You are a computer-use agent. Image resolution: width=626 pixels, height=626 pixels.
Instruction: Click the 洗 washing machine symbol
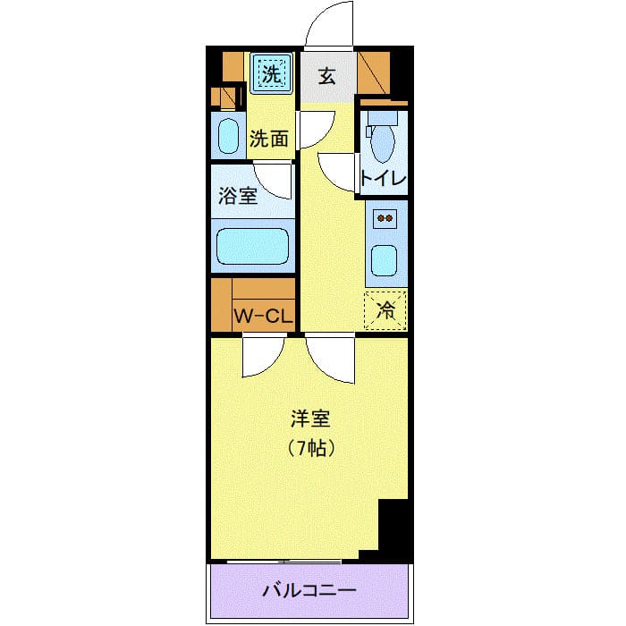tap(270, 72)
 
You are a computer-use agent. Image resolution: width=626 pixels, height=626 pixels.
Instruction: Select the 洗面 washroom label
tap(268, 139)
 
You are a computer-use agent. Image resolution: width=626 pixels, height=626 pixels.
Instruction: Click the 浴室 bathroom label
tap(239, 196)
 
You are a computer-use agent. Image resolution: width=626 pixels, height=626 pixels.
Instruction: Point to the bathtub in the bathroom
tap(254, 246)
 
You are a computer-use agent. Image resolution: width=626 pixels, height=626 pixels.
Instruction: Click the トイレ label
tap(384, 177)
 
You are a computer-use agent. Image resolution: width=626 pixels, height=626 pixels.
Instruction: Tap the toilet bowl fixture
tap(384, 139)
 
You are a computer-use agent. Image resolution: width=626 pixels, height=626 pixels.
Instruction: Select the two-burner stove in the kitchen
tap(386, 217)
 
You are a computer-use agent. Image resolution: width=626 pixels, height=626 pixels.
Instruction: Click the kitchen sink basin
tap(386, 260)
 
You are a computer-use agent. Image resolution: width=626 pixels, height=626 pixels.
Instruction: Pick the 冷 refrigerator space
tap(385, 310)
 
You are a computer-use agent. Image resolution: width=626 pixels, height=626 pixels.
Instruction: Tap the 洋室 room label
tap(310, 419)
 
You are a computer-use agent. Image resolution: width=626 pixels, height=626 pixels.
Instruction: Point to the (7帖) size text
tap(310, 448)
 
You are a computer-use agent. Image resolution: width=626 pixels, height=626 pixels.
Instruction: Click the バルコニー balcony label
tap(309, 591)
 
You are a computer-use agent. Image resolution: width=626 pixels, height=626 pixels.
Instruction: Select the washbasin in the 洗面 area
tap(229, 136)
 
